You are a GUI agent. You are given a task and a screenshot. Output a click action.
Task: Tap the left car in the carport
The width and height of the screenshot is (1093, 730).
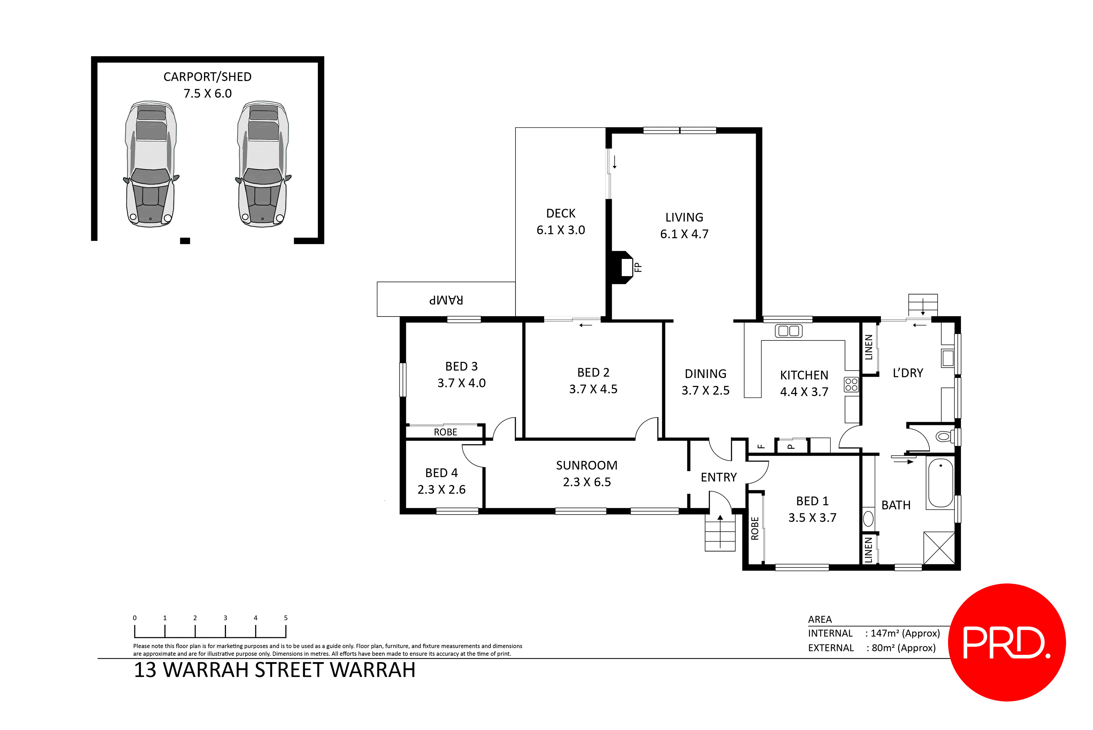[x=150, y=164]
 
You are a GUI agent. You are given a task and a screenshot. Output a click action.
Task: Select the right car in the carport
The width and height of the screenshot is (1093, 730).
[x=263, y=164]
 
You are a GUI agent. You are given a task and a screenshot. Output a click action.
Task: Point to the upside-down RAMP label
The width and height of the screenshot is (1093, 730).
[x=446, y=300]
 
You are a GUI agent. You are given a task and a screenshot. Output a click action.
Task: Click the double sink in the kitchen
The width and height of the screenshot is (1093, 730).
[x=789, y=331]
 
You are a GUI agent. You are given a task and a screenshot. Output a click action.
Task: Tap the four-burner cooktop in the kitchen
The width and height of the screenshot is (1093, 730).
[x=851, y=385]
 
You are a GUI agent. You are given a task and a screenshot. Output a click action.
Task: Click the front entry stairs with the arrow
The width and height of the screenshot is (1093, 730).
[x=720, y=533]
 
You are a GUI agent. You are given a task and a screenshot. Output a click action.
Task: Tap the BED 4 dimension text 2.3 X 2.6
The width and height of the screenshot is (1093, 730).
[x=441, y=490]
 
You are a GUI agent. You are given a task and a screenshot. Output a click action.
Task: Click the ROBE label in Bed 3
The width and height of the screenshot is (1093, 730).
[x=445, y=432]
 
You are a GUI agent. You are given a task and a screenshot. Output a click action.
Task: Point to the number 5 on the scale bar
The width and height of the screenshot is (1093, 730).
[x=286, y=618]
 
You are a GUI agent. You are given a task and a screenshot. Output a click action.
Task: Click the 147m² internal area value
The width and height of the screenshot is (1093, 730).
[x=905, y=633]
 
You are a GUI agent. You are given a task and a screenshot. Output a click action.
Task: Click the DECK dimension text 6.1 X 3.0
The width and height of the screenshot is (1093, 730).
[x=561, y=230]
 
